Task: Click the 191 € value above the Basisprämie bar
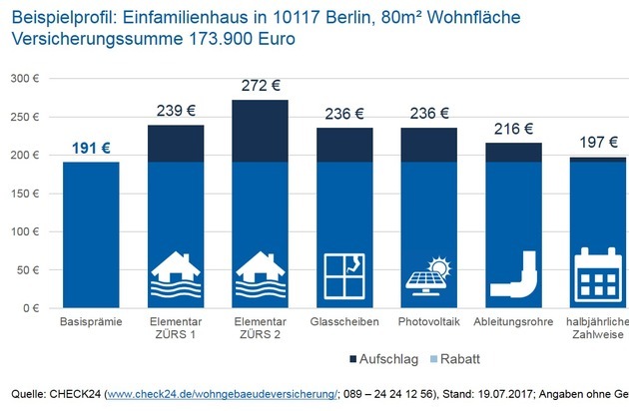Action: pyautogui.click(x=91, y=149)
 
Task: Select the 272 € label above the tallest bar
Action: pyautogui.click(x=262, y=87)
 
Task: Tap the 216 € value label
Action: pyautogui.click(x=515, y=130)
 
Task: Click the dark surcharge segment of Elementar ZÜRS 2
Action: pyautogui.click(x=262, y=131)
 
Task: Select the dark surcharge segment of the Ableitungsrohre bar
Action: pyautogui.click(x=515, y=153)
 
